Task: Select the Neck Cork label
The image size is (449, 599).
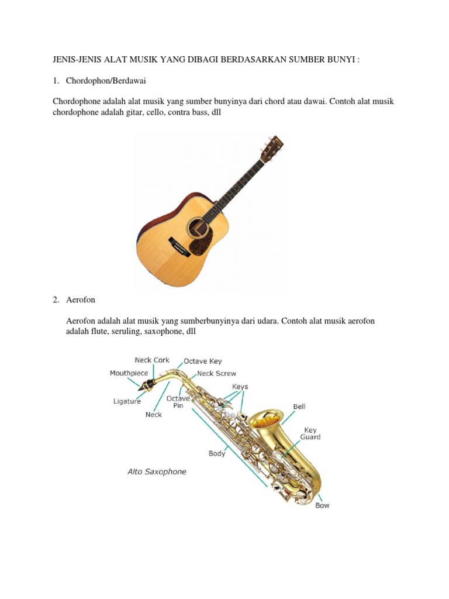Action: [x=152, y=360]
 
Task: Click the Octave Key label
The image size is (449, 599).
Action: [x=203, y=362]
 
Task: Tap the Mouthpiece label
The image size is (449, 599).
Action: [x=129, y=373]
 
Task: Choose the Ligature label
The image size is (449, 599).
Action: [x=127, y=401]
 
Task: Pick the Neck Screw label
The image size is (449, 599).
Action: [x=216, y=373]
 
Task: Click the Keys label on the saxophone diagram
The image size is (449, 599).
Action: [x=240, y=387]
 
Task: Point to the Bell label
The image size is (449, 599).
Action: [x=299, y=406]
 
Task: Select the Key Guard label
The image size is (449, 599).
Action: [x=310, y=433]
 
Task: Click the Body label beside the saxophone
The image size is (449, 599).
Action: [x=217, y=453]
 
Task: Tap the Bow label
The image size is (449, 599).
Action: [x=322, y=505]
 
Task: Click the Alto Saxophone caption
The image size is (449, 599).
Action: [x=157, y=471]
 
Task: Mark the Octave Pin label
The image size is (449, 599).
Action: [x=178, y=402]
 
